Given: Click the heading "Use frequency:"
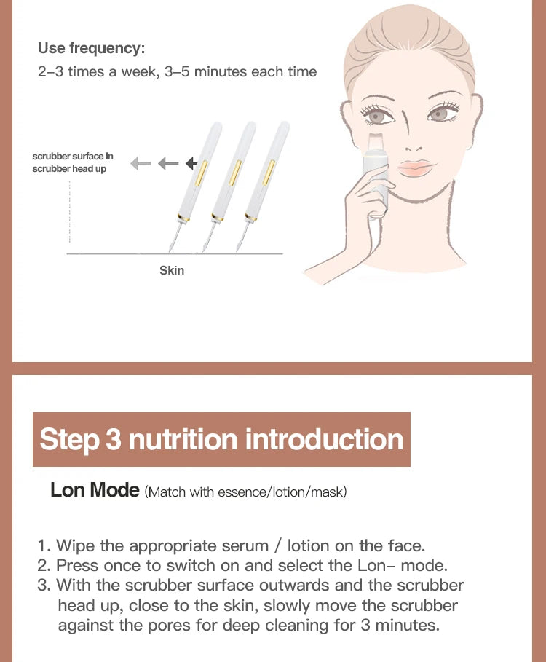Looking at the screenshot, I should pyautogui.click(x=91, y=48).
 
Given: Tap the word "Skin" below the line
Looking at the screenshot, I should pyautogui.click(x=172, y=270).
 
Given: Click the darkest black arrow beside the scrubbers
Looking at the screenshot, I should pyautogui.click(x=192, y=163).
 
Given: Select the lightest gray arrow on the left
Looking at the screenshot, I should pyautogui.click(x=140, y=163).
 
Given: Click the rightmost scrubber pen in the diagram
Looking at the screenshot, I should pyautogui.click(x=264, y=175).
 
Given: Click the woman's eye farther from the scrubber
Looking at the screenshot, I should pyautogui.click(x=438, y=114).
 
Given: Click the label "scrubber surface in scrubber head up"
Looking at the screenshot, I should pyautogui.click(x=73, y=162).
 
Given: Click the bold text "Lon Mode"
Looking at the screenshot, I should pyautogui.click(x=95, y=490).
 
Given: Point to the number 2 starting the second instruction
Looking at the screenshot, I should pyautogui.click(x=42, y=565).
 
